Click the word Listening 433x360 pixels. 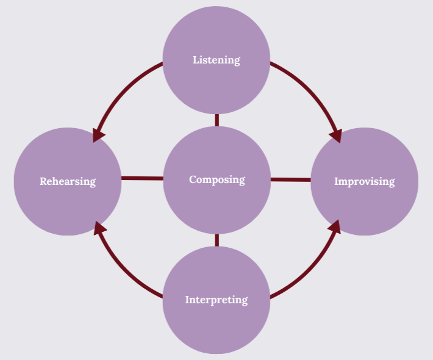216,60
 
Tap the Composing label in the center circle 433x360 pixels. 216,179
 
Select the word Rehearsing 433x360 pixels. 68,181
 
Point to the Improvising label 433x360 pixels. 364,181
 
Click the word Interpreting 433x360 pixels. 216,300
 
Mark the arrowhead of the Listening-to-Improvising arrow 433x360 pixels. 335,135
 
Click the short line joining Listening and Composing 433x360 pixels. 216,120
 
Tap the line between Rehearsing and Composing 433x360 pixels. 143,178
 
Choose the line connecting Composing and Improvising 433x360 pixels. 291,179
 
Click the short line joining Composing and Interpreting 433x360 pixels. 216,240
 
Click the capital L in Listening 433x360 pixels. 196,60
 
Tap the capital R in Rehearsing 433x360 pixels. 43,181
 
